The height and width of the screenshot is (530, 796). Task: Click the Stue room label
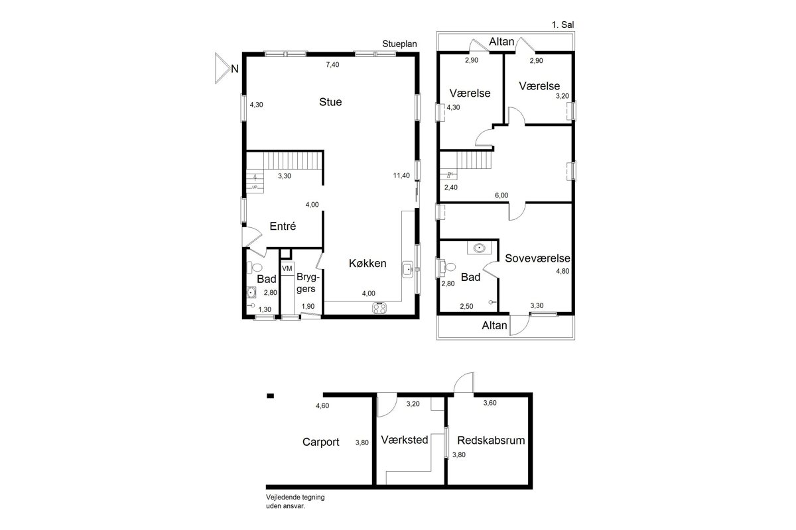(x=330, y=102)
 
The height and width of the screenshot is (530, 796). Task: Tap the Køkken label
(x=367, y=264)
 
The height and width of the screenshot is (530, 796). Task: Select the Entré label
(x=283, y=226)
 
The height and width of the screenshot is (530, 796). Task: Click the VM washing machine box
(x=287, y=268)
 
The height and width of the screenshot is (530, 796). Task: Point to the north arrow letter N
(x=235, y=69)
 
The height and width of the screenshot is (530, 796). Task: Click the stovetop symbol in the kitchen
(x=379, y=308)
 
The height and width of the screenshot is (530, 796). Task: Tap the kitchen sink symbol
(x=407, y=270)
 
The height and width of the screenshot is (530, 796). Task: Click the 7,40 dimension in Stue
(x=332, y=65)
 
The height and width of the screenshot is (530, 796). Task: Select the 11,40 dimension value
(x=401, y=176)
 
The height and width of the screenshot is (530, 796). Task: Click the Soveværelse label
(x=537, y=258)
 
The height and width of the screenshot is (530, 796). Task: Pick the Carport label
(x=321, y=442)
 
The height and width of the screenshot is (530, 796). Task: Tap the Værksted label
(x=405, y=440)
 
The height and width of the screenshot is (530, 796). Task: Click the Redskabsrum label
(x=491, y=441)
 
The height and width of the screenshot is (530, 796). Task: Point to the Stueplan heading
(x=399, y=44)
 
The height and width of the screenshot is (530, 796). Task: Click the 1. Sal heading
(x=563, y=25)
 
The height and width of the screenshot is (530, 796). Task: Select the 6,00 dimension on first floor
(x=501, y=195)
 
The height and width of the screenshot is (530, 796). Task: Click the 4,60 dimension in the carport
(x=322, y=405)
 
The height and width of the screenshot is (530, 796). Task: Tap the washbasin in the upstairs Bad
(x=480, y=248)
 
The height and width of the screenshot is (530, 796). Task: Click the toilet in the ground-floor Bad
(x=255, y=267)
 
